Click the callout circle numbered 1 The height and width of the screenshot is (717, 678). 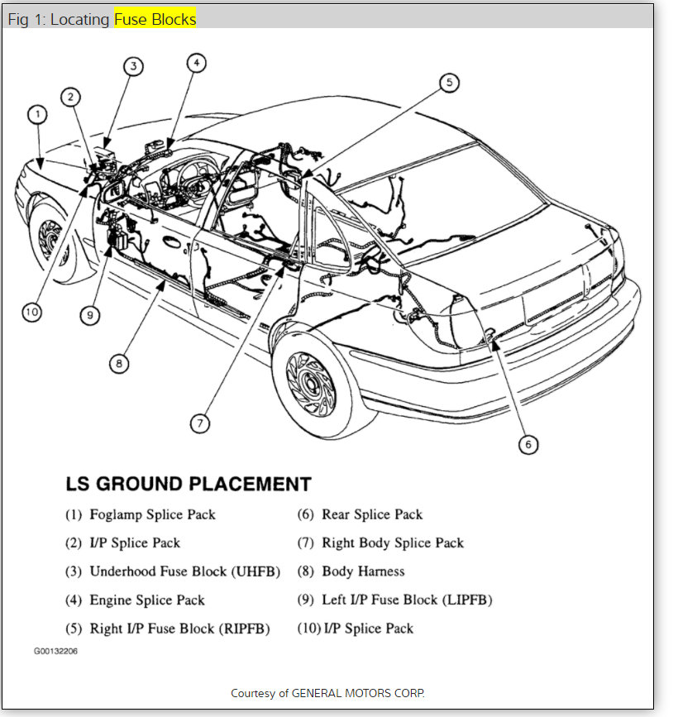pos(36,115)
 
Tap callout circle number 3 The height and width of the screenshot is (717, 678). pos(134,67)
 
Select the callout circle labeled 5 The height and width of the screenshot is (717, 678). pos(449,82)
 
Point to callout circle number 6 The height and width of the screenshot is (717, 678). pos(528,444)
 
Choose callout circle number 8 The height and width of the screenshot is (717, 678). pos(119,363)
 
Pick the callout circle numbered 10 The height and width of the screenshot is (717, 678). pos(31,312)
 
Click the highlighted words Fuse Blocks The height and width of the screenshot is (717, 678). pos(155,19)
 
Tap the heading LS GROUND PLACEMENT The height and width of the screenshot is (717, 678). pos(189,484)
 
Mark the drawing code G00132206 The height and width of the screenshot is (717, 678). pos(55,651)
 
